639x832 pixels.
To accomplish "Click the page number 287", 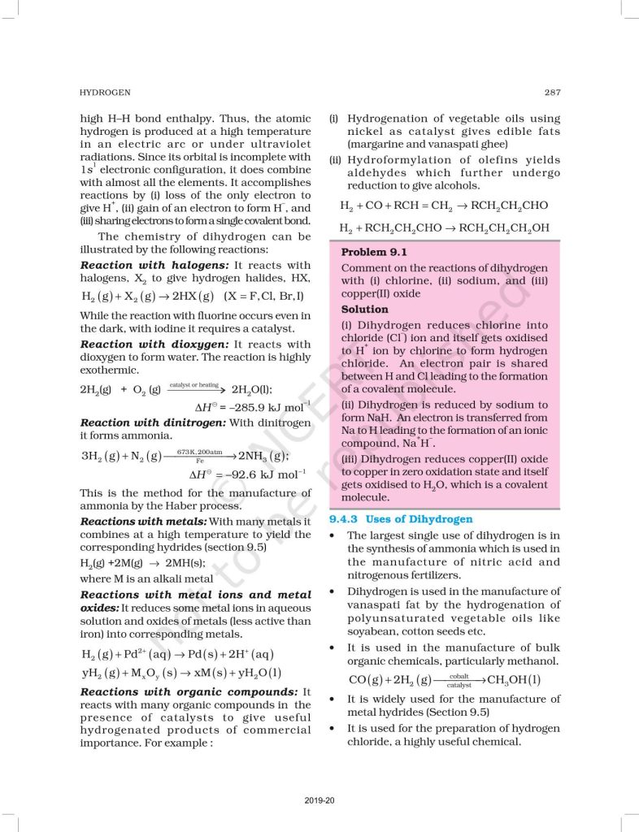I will pyautogui.click(x=551, y=93).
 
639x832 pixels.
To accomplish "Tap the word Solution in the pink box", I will pyautogui.click(x=365, y=310).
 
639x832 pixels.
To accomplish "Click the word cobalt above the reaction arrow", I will pyautogui.click(x=459, y=675).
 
